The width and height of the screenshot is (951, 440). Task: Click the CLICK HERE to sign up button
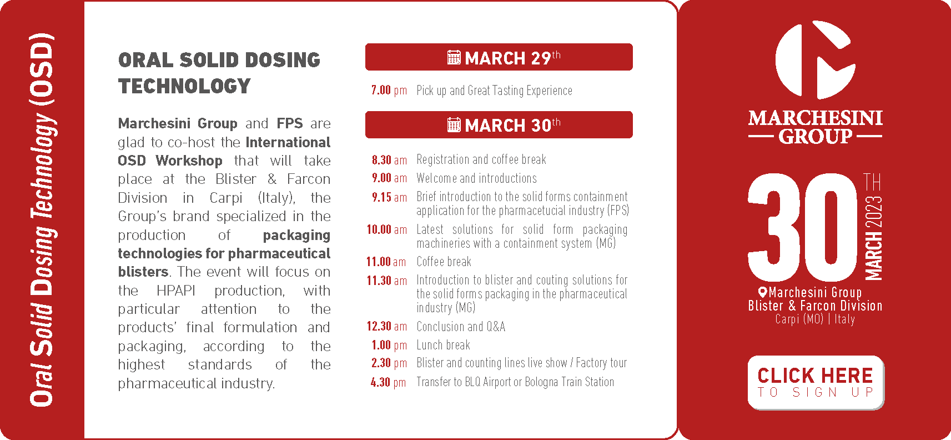click(816, 382)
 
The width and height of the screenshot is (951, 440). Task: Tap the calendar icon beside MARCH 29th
click(454, 57)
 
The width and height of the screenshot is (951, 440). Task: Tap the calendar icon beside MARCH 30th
click(454, 125)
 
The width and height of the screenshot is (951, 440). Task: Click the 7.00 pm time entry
click(389, 91)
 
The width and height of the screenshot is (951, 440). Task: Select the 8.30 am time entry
click(389, 160)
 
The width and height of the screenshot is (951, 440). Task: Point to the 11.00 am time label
click(386, 262)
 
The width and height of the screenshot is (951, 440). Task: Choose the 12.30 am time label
click(387, 326)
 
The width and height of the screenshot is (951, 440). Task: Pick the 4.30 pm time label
click(389, 382)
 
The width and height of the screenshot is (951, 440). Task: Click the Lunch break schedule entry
click(443, 345)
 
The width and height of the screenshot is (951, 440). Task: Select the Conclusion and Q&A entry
click(461, 327)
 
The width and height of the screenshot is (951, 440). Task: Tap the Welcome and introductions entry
click(477, 178)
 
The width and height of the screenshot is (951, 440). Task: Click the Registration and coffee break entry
click(481, 159)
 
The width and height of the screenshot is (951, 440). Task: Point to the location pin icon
click(762, 292)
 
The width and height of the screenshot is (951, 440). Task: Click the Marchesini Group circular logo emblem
click(815, 60)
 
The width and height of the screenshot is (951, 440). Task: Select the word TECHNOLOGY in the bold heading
click(184, 86)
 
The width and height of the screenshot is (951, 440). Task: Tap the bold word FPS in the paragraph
click(290, 123)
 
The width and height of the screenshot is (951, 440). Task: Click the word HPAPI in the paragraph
click(176, 291)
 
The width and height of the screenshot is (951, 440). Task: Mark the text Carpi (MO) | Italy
click(815, 319)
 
